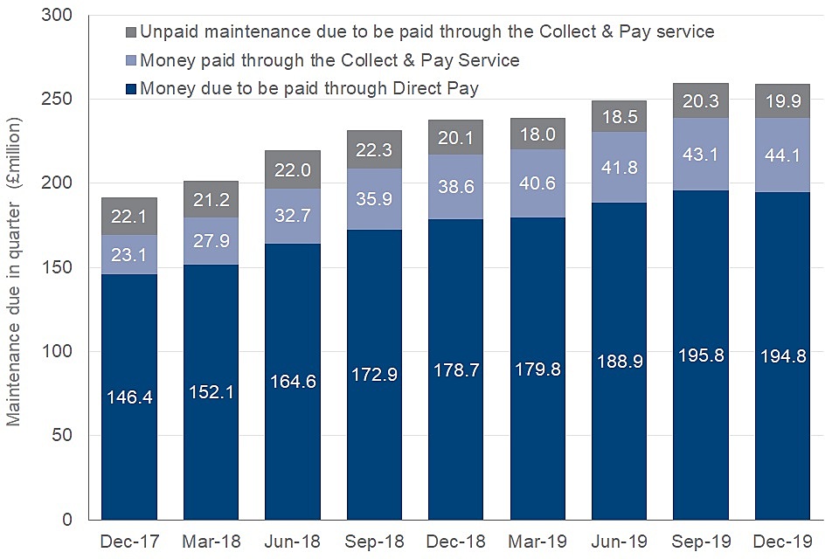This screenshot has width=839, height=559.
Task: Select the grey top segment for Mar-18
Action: [x=211, y=199]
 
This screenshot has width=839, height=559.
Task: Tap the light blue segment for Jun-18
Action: [x=292, y=217]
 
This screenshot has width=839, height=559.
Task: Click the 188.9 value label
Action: [x=619, y=362]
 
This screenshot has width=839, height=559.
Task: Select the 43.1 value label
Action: [x=701, y=155]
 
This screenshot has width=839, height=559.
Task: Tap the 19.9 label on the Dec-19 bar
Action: [x=782, y=100]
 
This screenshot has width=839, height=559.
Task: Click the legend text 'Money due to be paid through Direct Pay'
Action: [x=309, y=88]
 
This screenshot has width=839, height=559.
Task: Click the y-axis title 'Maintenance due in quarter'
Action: [x=15, y=271]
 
